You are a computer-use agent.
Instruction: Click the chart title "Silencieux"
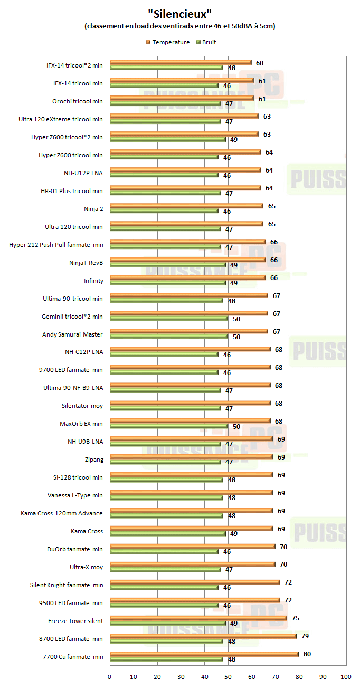click(x=180, y=13)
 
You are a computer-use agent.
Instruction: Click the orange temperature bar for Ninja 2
click(x=186, y=206)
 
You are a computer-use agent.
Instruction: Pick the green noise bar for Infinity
click(x=167, y=283)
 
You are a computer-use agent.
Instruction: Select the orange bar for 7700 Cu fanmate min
click(x=204, y=654)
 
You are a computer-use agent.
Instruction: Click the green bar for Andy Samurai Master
click(x=168, y=337)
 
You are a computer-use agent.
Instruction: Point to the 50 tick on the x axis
click(x=228, y=677)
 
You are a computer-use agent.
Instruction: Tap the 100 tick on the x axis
click(x=346, y=677)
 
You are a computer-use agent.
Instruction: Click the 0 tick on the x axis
click(x=109, y=677)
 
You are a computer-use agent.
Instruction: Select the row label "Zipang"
click(x=93, y=460)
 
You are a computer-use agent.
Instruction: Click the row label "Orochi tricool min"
click(x=77, y=101)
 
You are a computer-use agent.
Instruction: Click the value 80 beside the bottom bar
click(x=307, y=654)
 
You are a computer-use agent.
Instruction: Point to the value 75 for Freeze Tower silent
click(x=296, y=618)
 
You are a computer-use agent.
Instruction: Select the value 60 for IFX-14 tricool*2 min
click(x=260, y=63)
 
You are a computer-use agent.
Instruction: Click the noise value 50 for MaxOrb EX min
click(x=236, y=426)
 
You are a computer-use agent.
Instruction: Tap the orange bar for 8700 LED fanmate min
click(x=203, y=636)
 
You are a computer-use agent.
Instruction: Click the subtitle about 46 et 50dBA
click(x=180, y=26)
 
